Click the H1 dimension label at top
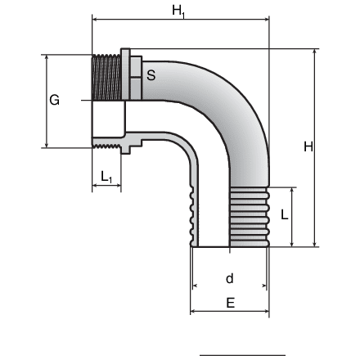(178, 11)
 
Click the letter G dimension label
(54, 100)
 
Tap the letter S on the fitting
(151, 75)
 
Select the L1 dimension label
(106, 177)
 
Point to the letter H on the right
(308, 146)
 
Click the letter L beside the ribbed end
(284, 215)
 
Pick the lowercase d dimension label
(230, 278)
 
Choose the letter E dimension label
(231, 303)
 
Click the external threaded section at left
(106, 77)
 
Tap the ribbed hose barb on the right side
(250, 217)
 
